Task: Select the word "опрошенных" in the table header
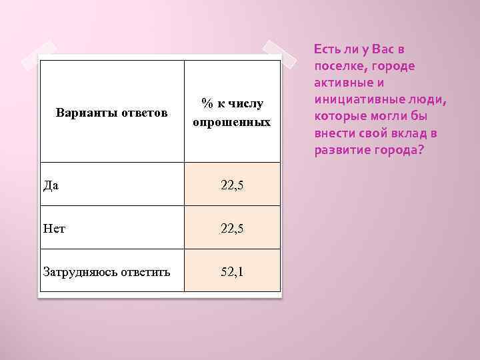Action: pyautogui.click(x=232, y=122)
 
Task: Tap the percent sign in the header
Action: pyautogui.click(x=208, y=103)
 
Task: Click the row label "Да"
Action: pyautogui.click(x=51, y=185)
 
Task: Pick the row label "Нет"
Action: pyautogui.click(x=53, y=228)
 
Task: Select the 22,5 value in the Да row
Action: pyautogui.click(x=232, y=185)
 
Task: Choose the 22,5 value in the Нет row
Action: pyautogui.click(x=232, y=228)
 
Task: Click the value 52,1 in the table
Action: pyautogui.click(x=232, y=271)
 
